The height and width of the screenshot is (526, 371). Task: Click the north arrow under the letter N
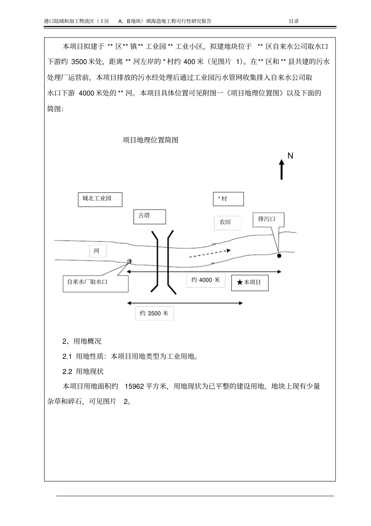pyautogui.click(x=282, y=170)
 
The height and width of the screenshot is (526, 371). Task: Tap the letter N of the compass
pyautogui.click(x=290, y=156)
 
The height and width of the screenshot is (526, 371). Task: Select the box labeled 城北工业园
pyautogui.click(x=100, y=199)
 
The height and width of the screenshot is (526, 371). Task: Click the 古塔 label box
pyautogui.click(x=150, y=216)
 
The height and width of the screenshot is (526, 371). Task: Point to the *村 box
pyautogui.click(x=228, y=199)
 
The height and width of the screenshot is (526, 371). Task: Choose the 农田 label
pyautogui.click(x=228, y=222)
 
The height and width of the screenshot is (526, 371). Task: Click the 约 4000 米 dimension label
pyautogui.click(x=206, y=280)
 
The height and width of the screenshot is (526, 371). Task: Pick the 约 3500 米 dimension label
pyautogui.click(x=154, y=313)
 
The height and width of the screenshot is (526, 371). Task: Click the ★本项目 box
pyautogui.click(x=250, y=283)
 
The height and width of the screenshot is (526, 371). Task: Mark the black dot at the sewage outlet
pyautogui.click(x=279, y=256)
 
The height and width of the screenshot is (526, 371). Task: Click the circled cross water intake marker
pyautogui.click(x=129, y=261)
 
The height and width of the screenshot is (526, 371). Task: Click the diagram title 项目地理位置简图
pyautogui.click(x=150, y=140)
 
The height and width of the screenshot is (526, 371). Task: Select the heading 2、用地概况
pyautogui.click(x=82, y=341)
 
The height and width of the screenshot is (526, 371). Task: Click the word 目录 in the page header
pyautogui.click(x=294, y=21)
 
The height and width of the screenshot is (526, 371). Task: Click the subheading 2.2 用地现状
pyautogui.click(x=83, y=371)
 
